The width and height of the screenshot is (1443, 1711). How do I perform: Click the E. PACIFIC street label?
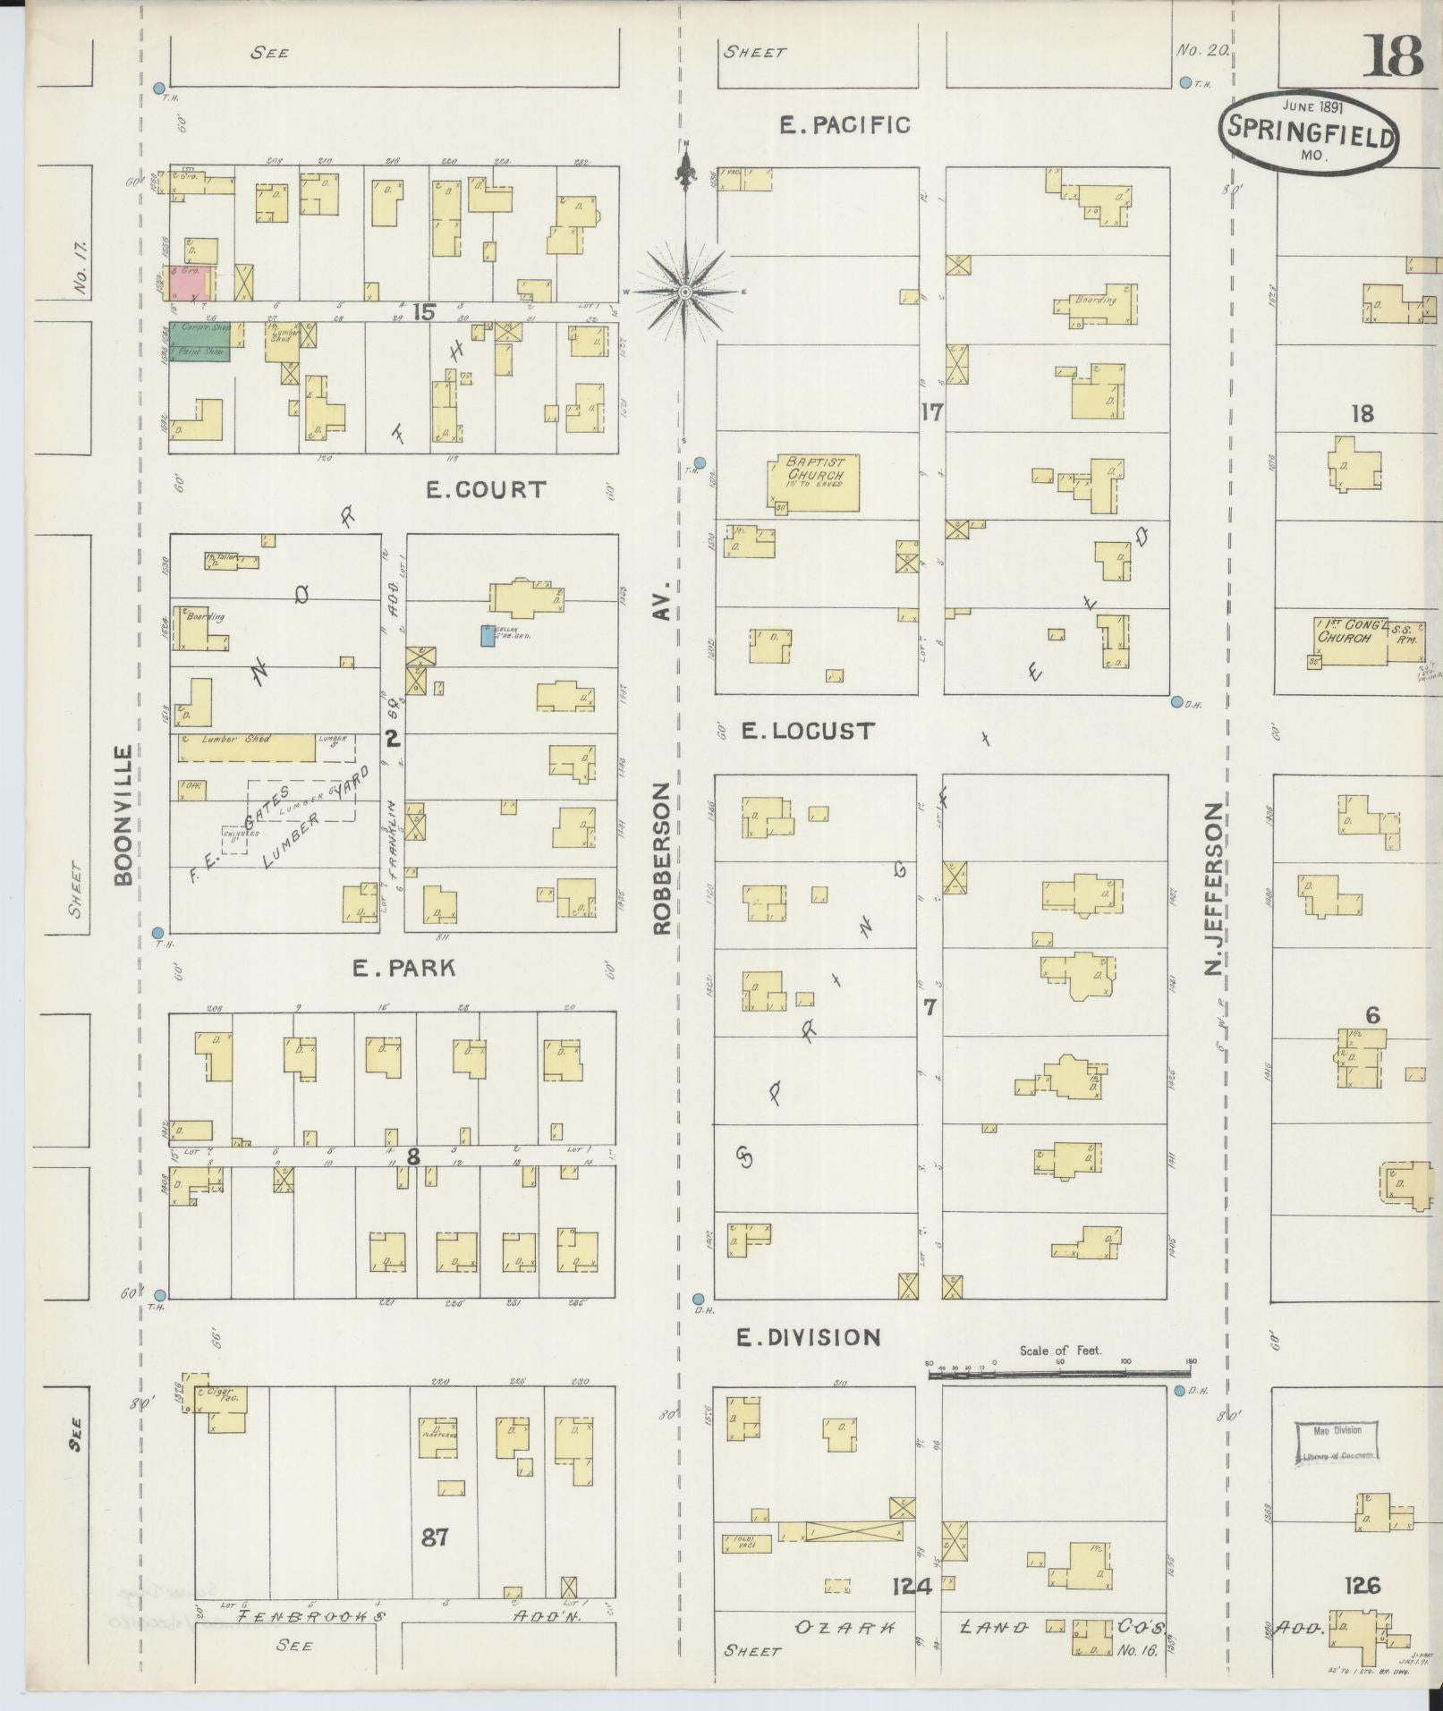845,125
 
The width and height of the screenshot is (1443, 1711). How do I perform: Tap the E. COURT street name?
485,490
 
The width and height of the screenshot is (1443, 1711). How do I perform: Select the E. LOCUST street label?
807,731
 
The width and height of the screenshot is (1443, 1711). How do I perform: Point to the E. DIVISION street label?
808,1337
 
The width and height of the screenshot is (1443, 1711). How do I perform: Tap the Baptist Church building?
813,483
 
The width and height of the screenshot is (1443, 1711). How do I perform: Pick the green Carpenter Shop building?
201,342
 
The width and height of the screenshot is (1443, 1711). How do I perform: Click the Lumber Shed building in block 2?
246,748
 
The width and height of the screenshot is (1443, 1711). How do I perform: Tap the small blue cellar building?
487,635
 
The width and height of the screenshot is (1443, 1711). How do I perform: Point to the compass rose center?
685,292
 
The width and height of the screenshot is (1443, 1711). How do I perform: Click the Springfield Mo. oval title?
1307,132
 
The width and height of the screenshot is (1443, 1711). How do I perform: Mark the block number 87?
434,1537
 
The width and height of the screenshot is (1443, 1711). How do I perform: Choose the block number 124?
912,1587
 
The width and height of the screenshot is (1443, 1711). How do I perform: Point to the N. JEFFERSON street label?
1214,900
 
